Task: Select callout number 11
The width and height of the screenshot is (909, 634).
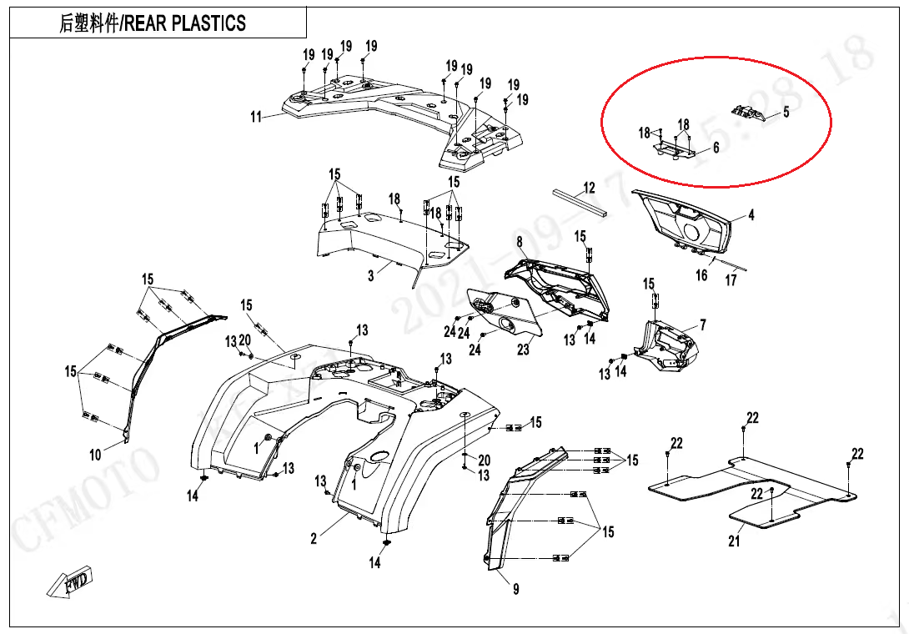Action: pyautogui.click(x=256, y=117)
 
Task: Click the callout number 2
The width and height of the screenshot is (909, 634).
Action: pyautogui.click(x=314, y=539)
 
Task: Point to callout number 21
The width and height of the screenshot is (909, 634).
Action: pyautogui.click(x=734, y=541)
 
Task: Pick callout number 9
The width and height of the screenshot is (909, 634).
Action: pyautogui.click(x=516, y=590)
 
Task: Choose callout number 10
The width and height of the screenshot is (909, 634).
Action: pyautogui.click(x=96, y=455)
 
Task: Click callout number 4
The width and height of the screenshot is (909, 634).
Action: pyautogui.click(x=751, y=215)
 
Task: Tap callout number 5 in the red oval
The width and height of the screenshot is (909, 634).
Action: pyautogui.click(x=785, y=113)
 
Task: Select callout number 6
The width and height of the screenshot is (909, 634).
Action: pyautogui.click(x=716, y=148)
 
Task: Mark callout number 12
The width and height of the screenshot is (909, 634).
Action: pyautogui.click(x=589, y=188)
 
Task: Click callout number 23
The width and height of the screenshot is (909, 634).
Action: pyautogui.click(x=523, y=350)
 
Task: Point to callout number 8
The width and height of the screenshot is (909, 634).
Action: pyautogui.click(x=519, y=242)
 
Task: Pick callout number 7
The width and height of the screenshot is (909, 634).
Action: pyautogui.click(x=702, y=324)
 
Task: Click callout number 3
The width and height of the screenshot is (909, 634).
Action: pyautogui.click(x=372, y=276)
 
